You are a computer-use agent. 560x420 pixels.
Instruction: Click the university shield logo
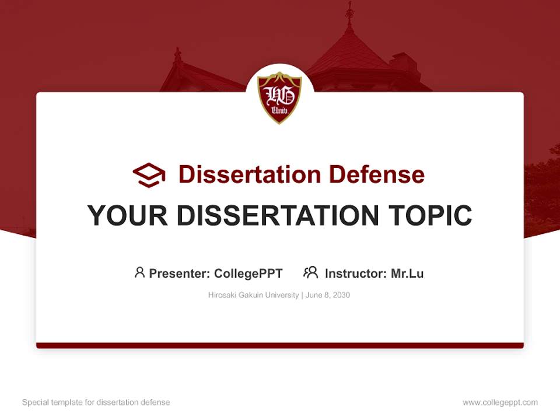point(279,97)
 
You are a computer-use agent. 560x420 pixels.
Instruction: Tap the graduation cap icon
point(149,174)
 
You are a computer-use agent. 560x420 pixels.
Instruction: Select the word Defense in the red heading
point(376,174)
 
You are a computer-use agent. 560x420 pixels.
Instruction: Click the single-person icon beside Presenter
point(139,272)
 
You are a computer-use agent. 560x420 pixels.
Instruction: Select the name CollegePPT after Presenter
point(248,273)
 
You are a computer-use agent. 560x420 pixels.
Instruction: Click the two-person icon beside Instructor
point(310,272)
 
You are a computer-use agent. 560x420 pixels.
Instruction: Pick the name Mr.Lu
point(407,273)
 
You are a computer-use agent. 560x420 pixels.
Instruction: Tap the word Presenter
point(179,273)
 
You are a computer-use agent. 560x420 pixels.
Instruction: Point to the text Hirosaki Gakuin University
point(253,295)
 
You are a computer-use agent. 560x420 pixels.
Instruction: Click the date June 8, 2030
point(327,295)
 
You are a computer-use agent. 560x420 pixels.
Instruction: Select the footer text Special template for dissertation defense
point(96,402)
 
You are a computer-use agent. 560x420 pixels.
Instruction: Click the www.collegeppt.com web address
point(500,402)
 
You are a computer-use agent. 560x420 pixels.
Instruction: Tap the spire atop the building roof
point(349,15)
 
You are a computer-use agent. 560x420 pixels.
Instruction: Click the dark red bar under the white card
point(279,345)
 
